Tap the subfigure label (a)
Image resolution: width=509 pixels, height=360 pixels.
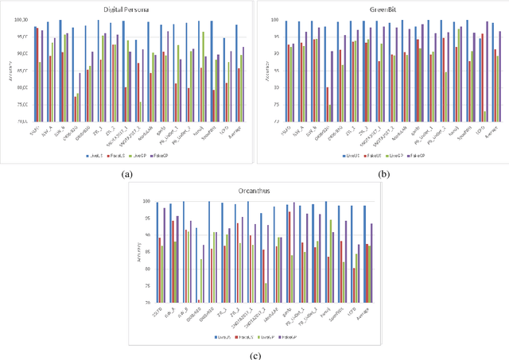click(x=126, y=173)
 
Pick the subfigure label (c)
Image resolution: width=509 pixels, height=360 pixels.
click(x=254, y=355)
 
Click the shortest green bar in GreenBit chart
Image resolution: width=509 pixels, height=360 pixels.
click(x=484, y=116)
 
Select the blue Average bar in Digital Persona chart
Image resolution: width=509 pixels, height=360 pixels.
click(x=236, y=73)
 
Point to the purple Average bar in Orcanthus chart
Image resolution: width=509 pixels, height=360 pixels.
click(x=371, y=263)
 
